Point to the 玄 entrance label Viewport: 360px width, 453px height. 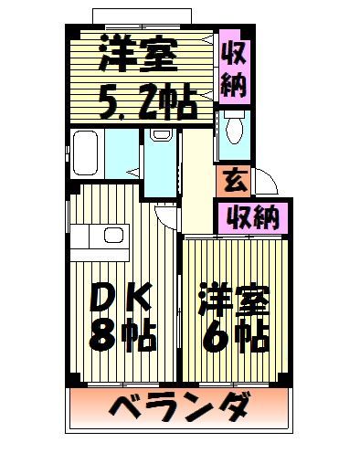click(234, 180)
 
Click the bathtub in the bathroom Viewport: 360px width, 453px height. click(87, 154)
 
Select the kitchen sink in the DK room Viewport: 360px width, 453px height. click(113, 237)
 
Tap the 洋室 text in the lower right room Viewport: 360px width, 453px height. click(233, 299)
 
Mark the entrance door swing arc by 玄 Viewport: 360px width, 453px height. click(263, 183)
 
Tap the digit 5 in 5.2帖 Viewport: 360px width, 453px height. click(98, 103)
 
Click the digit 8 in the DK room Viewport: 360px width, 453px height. click(102, 336)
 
